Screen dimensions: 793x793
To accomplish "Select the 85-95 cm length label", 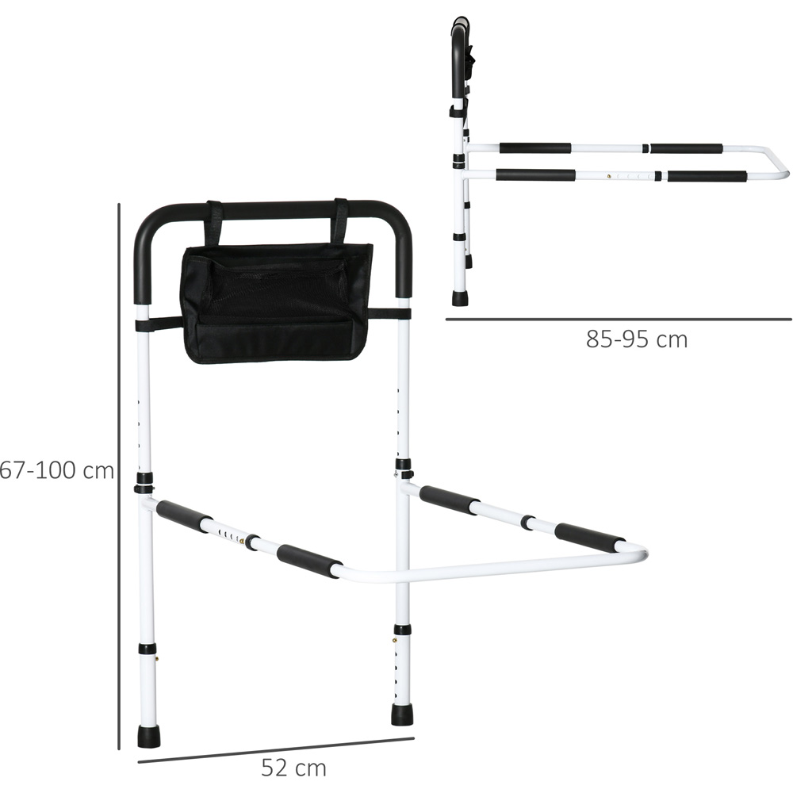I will click(x=637, y=339).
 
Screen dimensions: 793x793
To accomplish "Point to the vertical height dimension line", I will click(x=119, y=476).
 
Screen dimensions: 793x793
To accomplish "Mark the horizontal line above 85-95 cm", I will click(x=619, y=320).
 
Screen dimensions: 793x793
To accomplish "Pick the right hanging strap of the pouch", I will click(x=340, y=221).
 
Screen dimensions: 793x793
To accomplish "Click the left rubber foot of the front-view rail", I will click(x=148, y=736).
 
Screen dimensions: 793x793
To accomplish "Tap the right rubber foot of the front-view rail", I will click(x=402, y=713).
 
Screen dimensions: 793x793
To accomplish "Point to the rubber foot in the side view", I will click(x=460, y=298).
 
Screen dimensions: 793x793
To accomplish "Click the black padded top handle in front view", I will click(x=274, y=211).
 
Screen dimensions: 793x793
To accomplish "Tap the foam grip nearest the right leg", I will click(x=449, y=500).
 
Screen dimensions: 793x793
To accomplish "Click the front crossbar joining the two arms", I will click(x=492, y=566).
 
